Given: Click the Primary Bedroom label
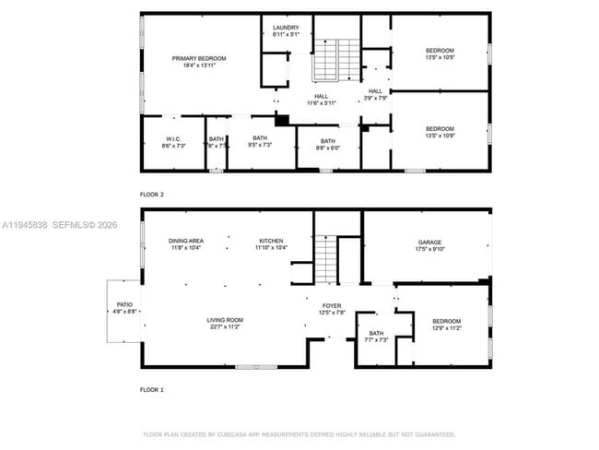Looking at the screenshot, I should pos(199,58).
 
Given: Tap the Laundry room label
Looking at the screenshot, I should pos(286,28).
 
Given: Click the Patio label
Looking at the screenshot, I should pos(123,304).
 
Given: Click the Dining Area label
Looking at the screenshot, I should pos(186,241).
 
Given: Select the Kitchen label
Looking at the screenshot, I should pos(271,241).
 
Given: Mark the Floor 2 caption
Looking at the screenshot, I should pos(151,195).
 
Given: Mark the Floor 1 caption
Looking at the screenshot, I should pos(151,390).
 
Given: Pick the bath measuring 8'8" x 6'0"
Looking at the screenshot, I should pos(329,148).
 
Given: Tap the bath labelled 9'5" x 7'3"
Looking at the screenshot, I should pos(260,145).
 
